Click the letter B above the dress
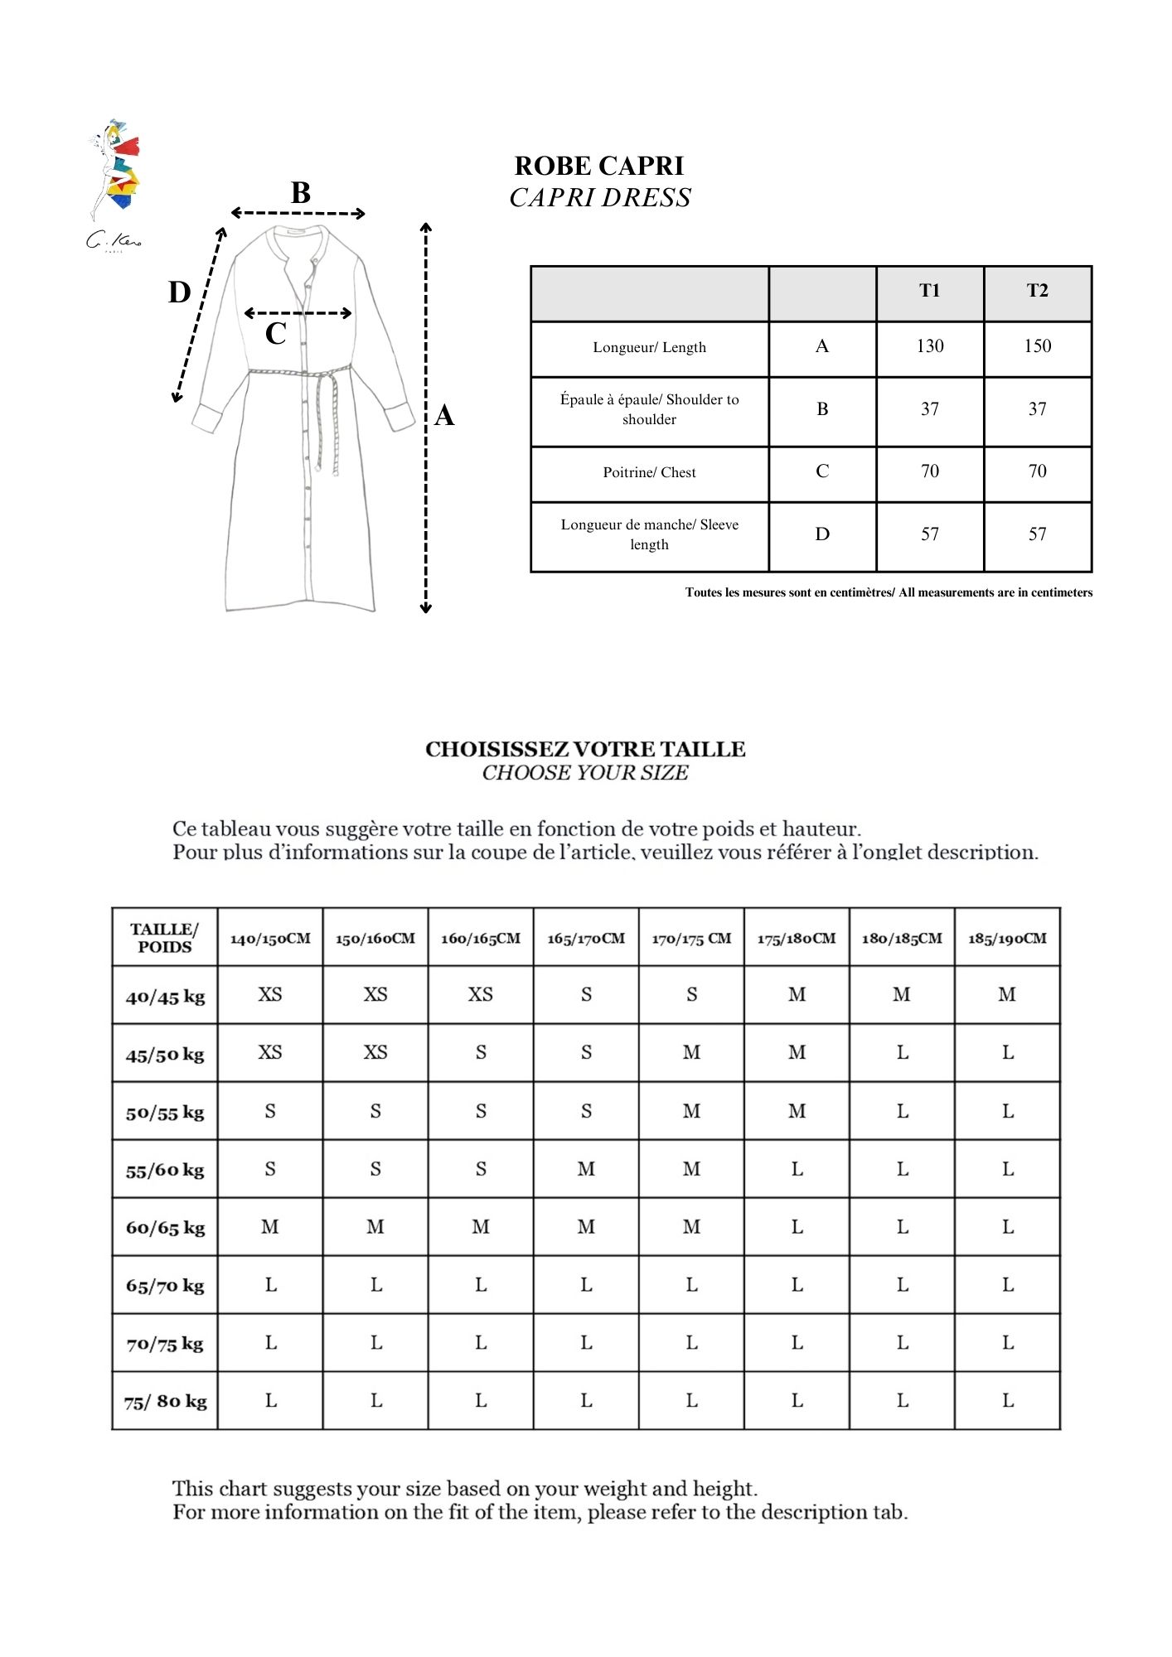coord(300,193)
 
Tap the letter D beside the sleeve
coord(179,292)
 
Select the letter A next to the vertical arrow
coord(444,415)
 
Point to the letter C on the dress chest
coord(275,334)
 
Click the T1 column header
coord(930,291)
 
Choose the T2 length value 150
coord(1037,346)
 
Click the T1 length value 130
coord(930,346)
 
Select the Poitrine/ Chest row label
coord(649,473)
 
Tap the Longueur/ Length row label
coord(649,348)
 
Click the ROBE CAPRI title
coord(599,167)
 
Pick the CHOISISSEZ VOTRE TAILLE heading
coord(585,750)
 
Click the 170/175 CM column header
coord(691,939)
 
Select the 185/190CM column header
coord(1007,939)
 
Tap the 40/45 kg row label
coord(165,997)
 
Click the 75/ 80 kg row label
coord(165,1402)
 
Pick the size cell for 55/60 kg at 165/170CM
coord(586,1169)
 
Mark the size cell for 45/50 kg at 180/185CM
coord(902,1053)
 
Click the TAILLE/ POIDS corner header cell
coord(164,939)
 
